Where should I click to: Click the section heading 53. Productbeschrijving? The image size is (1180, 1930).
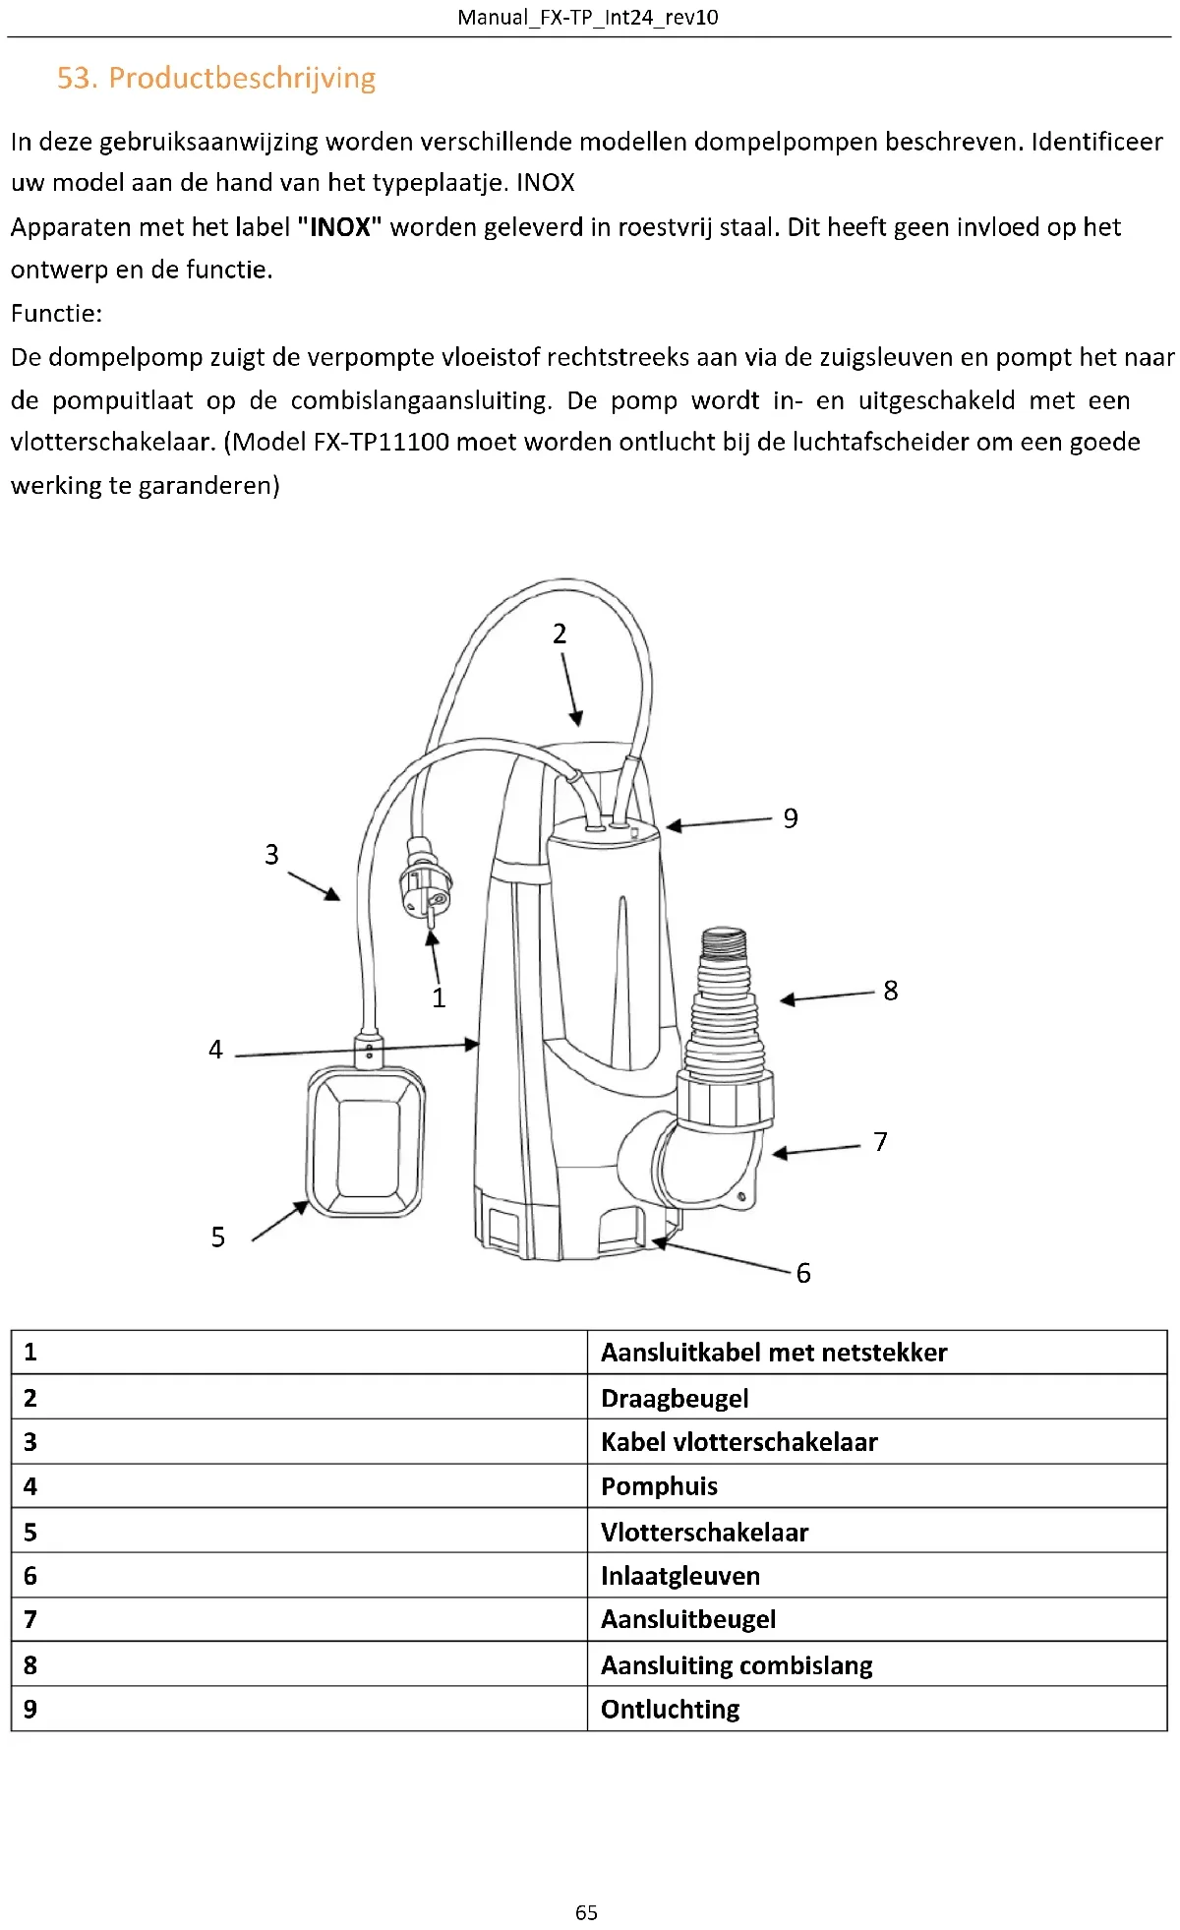(216, 78)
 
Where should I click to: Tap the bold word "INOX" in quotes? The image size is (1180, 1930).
(339, 227)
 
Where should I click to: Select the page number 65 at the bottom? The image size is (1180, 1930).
(586, 1911)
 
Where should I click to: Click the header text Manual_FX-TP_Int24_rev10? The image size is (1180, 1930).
(588, 18)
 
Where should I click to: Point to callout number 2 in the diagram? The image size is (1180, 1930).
(560, 633)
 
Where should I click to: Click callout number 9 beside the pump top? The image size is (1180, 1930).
(791, 818)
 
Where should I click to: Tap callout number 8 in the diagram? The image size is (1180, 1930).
(890, 991)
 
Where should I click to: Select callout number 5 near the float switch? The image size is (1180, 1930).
(218, 1236)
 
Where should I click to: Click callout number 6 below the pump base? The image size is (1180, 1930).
(803, 1273)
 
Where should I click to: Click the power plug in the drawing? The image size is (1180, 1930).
(425, 881)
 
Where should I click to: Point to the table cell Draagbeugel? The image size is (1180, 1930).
(675, 1398)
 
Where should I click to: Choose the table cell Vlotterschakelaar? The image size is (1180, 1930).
(704, 1532)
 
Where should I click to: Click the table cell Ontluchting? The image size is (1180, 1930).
(670, 1709)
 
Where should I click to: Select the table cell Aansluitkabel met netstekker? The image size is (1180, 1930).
(774, 1353)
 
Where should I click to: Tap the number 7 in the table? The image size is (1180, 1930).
(30, 1619)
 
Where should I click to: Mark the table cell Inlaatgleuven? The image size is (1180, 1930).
(679, 1576)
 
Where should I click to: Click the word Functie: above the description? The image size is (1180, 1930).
(56, 314)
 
